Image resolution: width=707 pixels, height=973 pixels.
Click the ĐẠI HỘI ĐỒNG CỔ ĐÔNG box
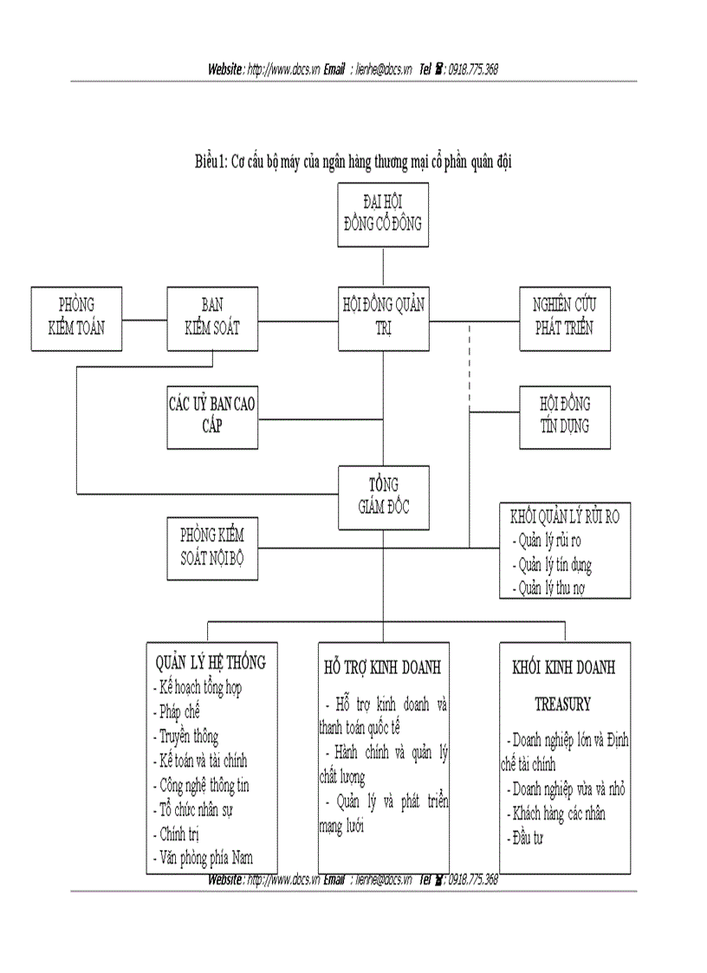tap(382, 215)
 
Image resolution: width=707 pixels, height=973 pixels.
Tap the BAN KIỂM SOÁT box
tap(212, 317)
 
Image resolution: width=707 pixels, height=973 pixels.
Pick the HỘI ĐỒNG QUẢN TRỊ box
tap(382, 317)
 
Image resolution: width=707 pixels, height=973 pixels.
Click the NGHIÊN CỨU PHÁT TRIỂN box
tap(565, 317)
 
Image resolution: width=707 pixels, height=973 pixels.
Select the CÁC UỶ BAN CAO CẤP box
tap(212, 415)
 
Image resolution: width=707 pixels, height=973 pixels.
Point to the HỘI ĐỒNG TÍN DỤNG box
tap(565, 415)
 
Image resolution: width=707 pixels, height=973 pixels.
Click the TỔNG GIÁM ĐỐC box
tap(382, 496)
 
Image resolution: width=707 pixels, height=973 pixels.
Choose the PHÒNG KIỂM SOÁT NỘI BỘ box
tap(212, 547)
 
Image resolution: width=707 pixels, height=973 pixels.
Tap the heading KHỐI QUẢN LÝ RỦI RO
tap(564, 518)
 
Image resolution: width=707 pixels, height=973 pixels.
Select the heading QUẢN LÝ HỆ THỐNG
tap(211, 663)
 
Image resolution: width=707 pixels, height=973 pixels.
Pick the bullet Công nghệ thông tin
tap(204, 785)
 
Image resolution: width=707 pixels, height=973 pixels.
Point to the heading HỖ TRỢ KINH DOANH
tap(382, 668)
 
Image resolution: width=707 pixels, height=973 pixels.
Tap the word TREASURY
tap(562, 704)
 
